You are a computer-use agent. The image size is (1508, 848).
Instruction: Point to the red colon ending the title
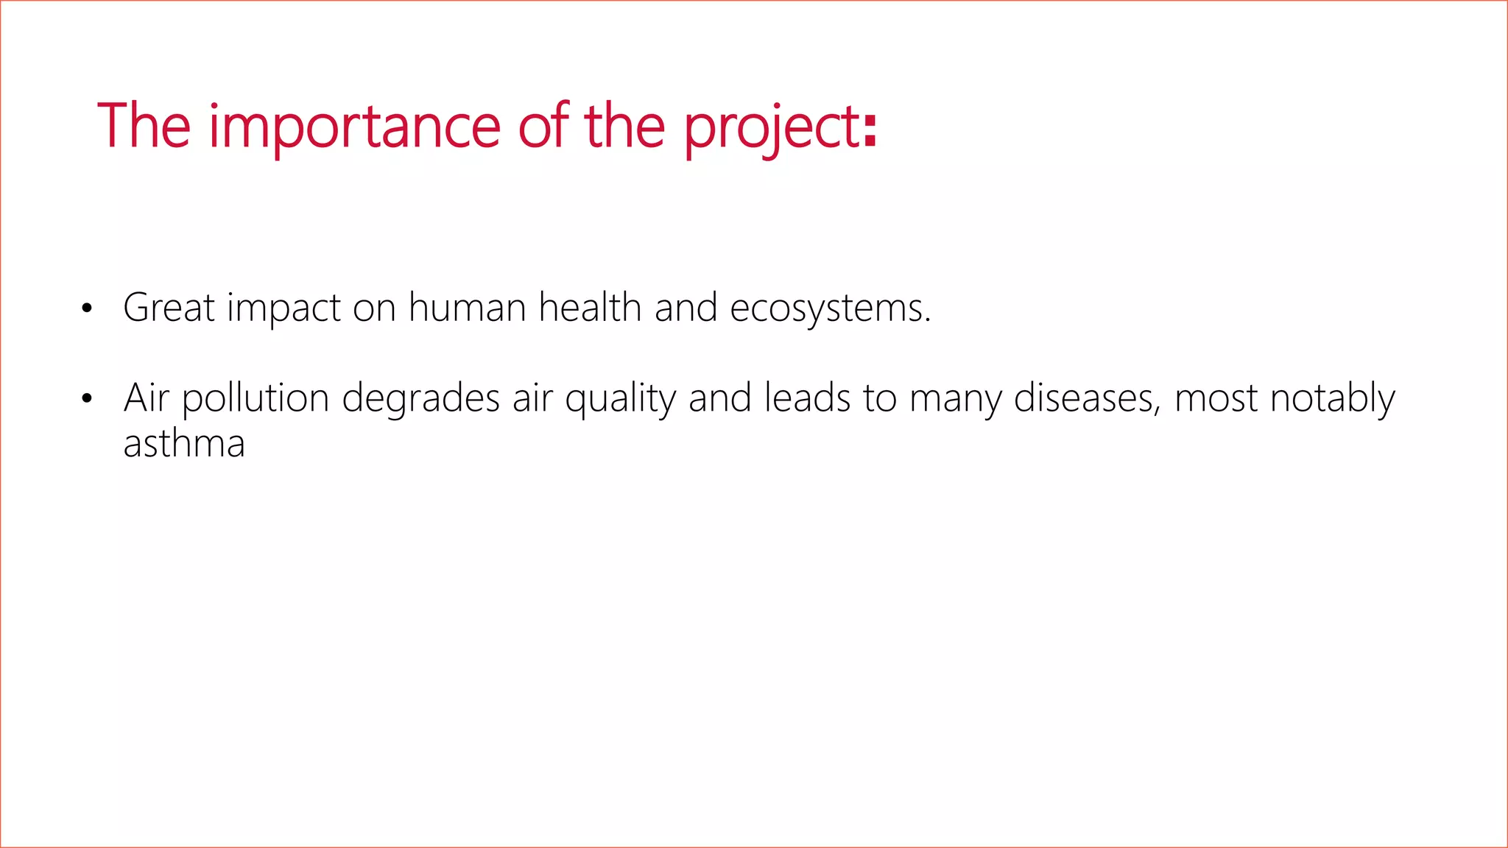871,127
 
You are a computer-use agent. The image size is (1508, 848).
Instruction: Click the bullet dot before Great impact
87,308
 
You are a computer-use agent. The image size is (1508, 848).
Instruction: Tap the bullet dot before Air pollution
87,399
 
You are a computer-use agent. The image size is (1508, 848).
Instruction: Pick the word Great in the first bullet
169,307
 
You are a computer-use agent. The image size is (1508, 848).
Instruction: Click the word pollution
255,398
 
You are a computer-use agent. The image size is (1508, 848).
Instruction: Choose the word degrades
421,400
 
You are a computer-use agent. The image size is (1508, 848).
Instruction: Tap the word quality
620,400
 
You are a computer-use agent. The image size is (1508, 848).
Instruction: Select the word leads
807,398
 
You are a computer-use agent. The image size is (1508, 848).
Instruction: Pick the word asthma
184,444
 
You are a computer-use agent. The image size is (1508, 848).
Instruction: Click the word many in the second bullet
955,400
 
